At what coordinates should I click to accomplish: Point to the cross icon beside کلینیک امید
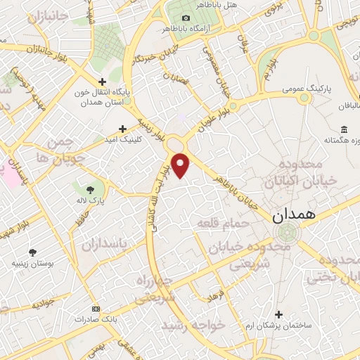click(x=122, y=129)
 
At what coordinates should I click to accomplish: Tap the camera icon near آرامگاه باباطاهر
click(x=186, y=18)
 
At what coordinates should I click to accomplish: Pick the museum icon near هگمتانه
click(x=343, y=129)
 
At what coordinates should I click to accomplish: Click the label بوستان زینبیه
click(x=32, y=264)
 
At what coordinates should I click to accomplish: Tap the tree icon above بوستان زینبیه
click(x=32, y=252)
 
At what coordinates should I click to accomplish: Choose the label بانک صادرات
click(x=96, y=321)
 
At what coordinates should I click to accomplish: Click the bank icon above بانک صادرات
click(x=96, y=309)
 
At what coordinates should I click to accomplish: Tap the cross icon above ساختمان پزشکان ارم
click(x=279, y=314)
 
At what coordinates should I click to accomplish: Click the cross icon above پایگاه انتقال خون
click(x=103, y=82)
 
